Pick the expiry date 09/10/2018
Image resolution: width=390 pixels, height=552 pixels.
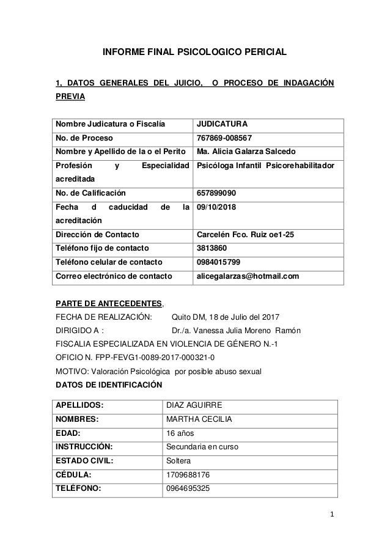218,207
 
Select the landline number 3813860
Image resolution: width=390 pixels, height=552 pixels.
212,248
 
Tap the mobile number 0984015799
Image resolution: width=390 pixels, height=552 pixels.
218,262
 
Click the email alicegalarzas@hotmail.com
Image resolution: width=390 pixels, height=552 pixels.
248,276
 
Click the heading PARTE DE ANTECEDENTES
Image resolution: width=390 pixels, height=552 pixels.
109,303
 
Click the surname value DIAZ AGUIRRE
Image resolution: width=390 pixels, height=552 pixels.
194,405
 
